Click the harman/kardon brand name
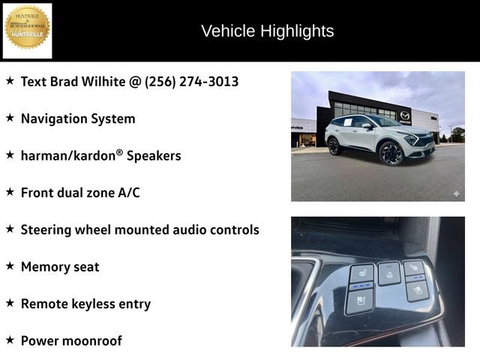coord(69,155)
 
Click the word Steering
coord(46,229)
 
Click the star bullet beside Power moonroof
coord(10,340)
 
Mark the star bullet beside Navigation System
coord(10,118)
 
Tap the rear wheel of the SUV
coord(334,145)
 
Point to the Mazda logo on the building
coord(405,115)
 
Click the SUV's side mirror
coord(367,125)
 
